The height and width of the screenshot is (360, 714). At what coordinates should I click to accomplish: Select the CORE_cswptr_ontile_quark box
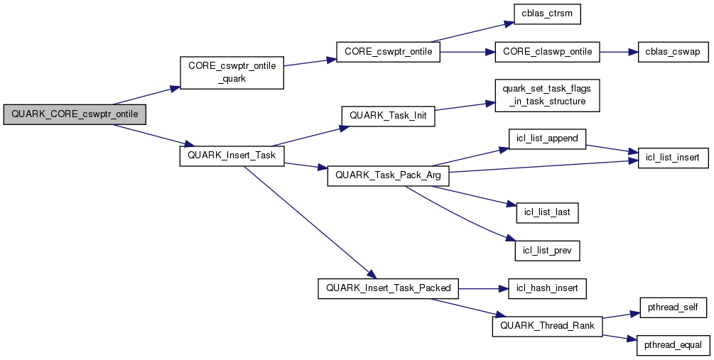coord(232,72)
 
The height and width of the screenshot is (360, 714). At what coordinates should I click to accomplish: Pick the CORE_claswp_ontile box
coord(548,53)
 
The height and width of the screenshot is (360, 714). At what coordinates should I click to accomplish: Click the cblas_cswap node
coord(673,53)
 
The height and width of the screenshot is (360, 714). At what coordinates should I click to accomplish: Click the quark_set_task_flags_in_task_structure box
coord(547,95)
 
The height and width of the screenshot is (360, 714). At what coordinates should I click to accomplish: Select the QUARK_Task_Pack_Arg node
coord(388,175)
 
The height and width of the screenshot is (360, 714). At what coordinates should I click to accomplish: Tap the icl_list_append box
coord(547,139)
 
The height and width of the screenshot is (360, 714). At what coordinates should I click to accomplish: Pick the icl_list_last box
coord(547,212)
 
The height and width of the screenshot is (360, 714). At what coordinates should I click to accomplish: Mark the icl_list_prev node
coord(547,250)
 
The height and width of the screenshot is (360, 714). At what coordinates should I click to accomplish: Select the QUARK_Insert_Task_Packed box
coord(388,288)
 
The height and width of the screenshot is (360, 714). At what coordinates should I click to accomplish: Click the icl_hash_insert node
coord(547,288)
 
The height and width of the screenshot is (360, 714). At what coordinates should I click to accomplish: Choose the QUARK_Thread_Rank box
coord(547,326)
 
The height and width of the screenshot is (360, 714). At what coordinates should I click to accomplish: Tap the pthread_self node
coord(672,307)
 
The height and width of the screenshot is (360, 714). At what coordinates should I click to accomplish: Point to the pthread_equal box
coord(672,345)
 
